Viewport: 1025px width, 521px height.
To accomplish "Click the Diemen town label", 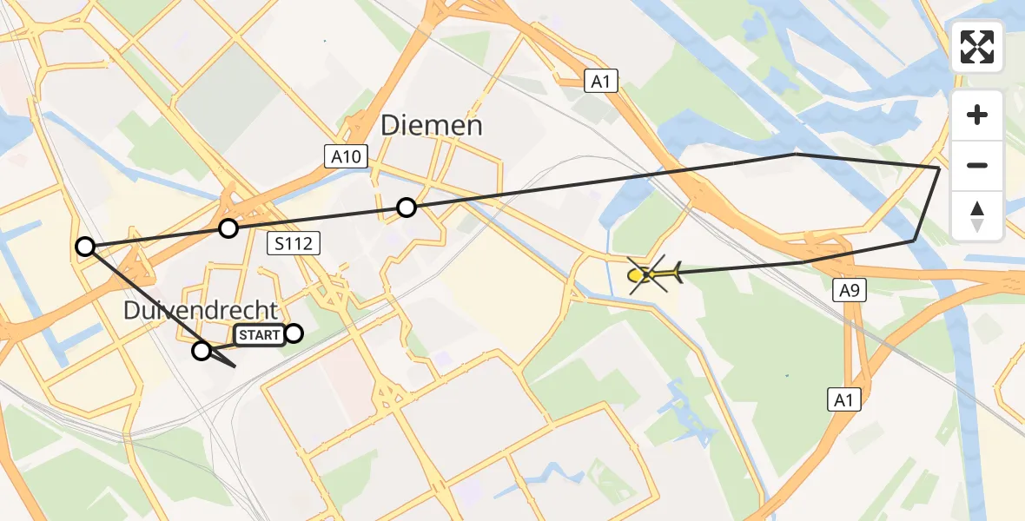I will click(432, 127).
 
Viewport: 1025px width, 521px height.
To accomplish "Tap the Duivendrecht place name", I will click(201, 310).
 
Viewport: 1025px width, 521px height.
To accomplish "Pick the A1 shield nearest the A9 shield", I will click(842, 399).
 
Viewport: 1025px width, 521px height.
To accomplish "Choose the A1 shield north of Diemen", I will click(599, 82).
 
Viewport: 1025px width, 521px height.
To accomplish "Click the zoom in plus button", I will click(977, 115).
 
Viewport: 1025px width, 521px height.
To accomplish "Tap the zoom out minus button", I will click(977, 165).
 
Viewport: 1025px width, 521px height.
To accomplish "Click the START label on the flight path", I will click(259, 335).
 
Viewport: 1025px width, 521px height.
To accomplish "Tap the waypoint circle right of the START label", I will click(294, 333).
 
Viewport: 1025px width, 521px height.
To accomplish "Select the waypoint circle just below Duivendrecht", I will click(202, 351).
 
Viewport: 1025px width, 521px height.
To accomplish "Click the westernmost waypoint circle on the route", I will click(85, 247).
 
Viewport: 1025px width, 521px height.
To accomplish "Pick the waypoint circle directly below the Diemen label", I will click(407, 208).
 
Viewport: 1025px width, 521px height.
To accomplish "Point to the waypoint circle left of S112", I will click(228, 228).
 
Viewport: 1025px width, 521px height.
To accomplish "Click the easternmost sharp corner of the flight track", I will click(940, 167).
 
